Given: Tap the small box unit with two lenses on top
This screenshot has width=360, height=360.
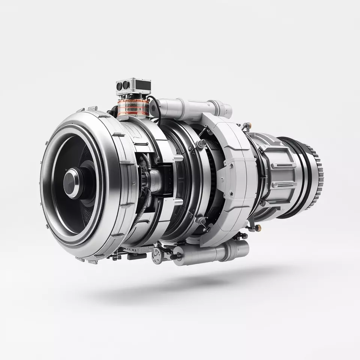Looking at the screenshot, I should [x=133, y=87].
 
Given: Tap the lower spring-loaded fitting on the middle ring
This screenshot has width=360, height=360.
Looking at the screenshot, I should [x=201, y=221].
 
